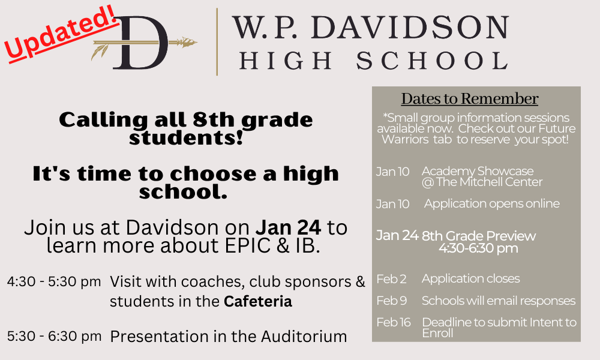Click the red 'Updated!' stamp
coord(61,34)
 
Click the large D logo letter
coord(140,43)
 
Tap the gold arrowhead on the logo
coord(187,42)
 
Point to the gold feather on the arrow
coord(100,50)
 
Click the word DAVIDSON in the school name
coord(410,27)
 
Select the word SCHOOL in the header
coord(432,61)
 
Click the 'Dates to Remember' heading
coord(470,99)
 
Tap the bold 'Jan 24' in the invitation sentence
coord(288,227)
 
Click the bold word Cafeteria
coord(258,301)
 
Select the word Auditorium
coord(304,337)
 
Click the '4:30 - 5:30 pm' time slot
coord(54,281)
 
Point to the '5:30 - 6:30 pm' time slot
coord(55,336)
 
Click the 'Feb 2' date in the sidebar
coord(391,279)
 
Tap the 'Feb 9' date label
coord(391,301)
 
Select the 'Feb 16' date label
coord(394,322)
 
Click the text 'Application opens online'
coord(492,203)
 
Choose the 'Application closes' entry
coord(470,278)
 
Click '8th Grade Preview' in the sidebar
coord(479,236)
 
